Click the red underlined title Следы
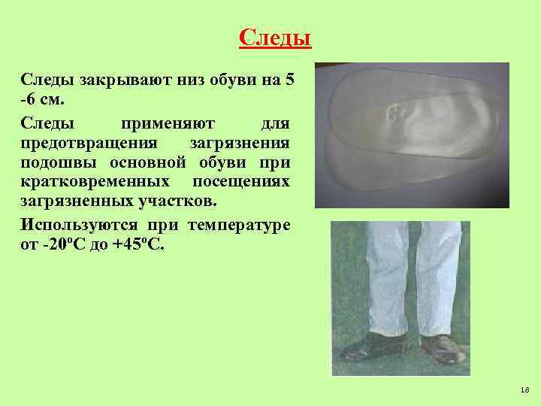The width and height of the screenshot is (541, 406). [274, 37]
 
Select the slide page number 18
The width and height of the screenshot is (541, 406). [524, 389]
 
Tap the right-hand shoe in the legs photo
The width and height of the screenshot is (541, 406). [442, 347]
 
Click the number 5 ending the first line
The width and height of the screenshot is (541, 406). [290, 80]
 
